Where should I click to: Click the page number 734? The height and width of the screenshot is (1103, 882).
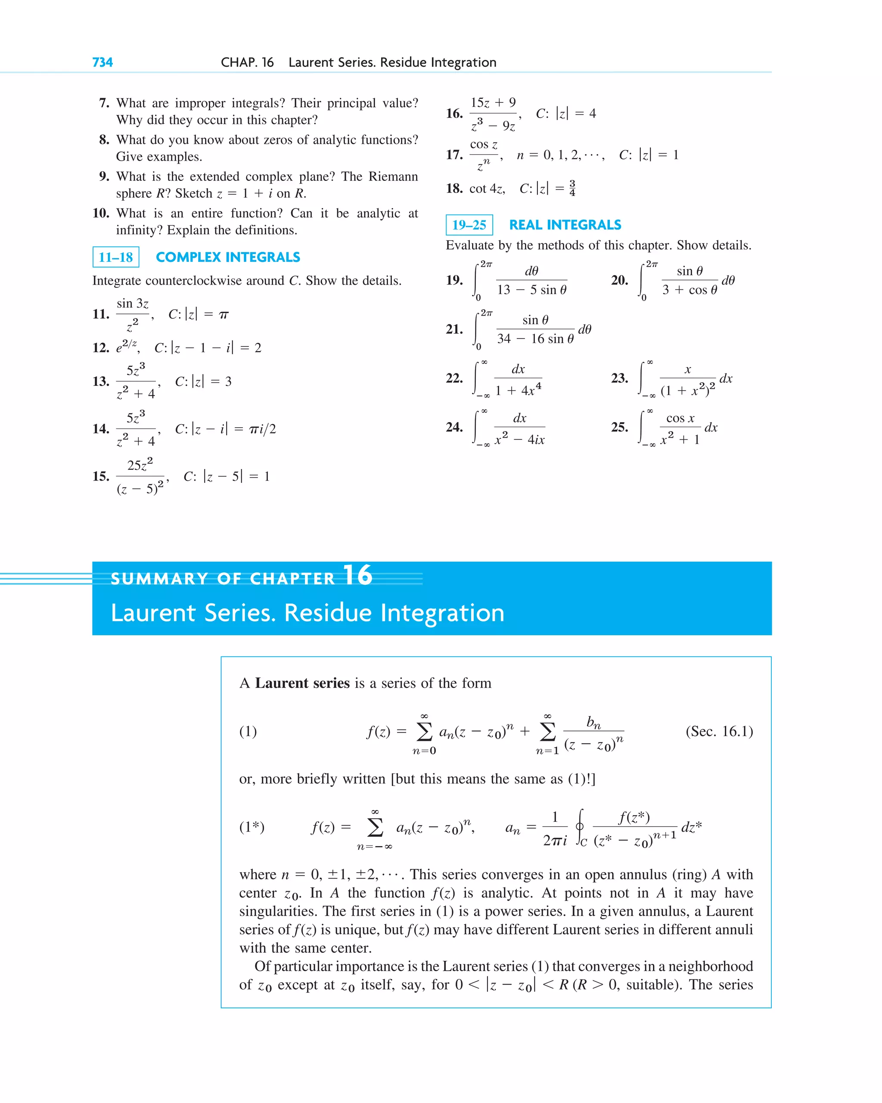pos(102,62)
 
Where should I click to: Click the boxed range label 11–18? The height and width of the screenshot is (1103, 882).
pos(115,257)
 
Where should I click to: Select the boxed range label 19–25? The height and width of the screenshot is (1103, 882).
pos(469,224)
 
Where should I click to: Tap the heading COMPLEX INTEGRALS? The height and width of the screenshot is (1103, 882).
pos(228,257)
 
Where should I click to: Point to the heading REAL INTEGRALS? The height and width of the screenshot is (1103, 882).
pos(565,224)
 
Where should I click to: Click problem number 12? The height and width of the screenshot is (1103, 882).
pos(101,348)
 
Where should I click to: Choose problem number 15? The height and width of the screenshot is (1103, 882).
pos(101,476)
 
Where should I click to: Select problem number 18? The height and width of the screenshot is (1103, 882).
pos(454,188)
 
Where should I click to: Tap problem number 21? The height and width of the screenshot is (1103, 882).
pos(454,329)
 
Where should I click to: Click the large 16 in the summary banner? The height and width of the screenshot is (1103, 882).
pos(357,575)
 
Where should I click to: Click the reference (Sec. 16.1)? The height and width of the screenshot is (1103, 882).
pos(719,731)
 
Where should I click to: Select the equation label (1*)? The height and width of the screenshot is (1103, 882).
pos(252,827)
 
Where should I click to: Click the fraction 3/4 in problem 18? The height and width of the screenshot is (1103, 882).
pos(572,188)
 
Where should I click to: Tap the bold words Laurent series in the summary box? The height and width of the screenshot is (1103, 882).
pos(302,683)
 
